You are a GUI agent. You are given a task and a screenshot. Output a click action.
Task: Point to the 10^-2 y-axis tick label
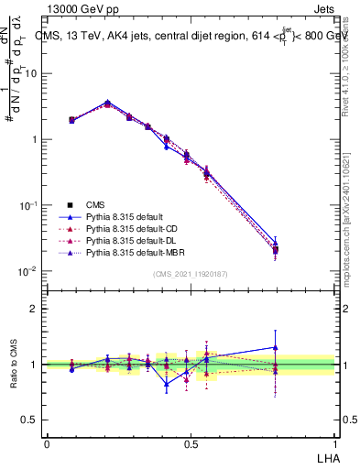click(x=27, y=271)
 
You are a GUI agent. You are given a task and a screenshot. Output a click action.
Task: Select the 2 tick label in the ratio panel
click(x=33, y=309)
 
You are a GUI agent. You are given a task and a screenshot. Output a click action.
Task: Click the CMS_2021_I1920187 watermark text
click(x=190, y=274)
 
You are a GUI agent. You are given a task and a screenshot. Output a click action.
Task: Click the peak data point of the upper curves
click(x=108, y=103)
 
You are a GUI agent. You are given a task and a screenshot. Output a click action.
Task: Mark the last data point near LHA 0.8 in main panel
click(x=276, y=248)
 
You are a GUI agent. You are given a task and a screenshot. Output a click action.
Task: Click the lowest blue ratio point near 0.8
click(x=167, y=385)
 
